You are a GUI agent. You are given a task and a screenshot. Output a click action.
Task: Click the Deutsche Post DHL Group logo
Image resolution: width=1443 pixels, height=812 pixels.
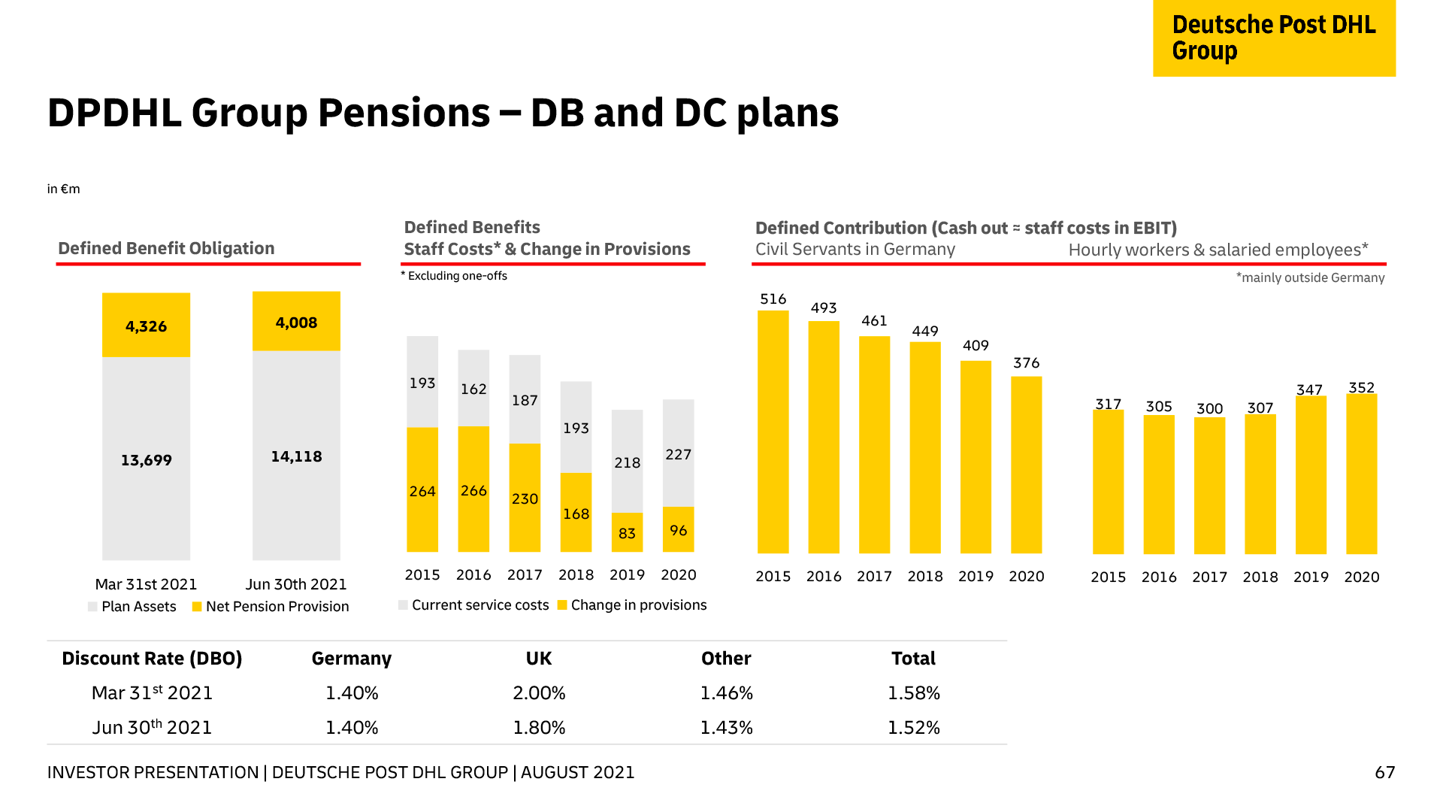click(1274, 38)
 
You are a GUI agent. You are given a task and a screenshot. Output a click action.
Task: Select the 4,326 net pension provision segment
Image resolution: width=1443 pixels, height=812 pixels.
click(146, 326)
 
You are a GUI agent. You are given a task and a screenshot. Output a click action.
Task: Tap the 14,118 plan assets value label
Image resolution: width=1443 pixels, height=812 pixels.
click(296, 456)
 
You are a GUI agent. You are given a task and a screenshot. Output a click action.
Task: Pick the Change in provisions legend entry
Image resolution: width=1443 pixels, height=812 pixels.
click(632, 605)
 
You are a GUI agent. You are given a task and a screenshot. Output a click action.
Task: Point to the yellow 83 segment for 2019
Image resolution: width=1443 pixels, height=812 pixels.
click(627, 532)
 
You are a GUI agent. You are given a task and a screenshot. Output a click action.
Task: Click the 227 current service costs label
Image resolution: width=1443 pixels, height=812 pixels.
click(678, 454)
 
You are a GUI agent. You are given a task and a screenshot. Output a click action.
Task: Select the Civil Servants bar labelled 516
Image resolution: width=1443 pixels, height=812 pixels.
click(773, 432)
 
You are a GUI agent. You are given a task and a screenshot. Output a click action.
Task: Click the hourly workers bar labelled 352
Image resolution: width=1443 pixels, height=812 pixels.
click(1361, 474)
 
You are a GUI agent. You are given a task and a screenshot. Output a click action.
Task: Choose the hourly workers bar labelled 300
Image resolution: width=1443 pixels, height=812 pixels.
click(1209, 486)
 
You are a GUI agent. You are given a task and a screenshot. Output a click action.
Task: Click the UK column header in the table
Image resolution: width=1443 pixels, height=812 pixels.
click(539, 659)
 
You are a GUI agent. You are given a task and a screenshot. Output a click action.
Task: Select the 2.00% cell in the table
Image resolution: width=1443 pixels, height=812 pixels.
click(539, 692)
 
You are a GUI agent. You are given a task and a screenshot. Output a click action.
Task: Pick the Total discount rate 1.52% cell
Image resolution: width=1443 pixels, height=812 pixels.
click(913, 727)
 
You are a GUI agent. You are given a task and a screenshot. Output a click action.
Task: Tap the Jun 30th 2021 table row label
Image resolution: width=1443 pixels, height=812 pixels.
click(152, 727)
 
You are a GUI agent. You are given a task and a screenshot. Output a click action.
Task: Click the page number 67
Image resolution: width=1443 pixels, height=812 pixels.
click(1384, 772)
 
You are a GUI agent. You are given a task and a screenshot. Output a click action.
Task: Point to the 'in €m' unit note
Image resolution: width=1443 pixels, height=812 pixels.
click(63, 189)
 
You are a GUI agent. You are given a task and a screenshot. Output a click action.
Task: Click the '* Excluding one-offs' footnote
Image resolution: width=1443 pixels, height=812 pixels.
click(454, 276)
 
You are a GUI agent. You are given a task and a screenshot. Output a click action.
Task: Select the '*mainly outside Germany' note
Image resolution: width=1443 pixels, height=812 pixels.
click(1310, 277)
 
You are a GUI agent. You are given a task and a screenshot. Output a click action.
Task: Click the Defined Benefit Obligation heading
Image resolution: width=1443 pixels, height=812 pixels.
click(166, 248)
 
